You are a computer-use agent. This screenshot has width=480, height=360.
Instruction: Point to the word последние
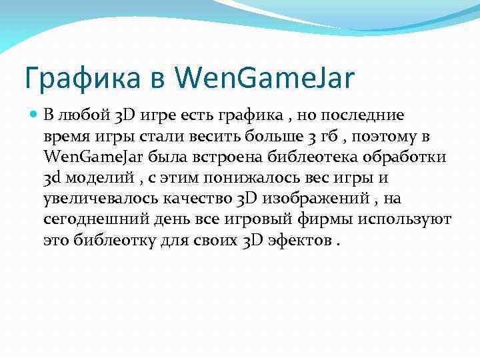click(x=371, y=115)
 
